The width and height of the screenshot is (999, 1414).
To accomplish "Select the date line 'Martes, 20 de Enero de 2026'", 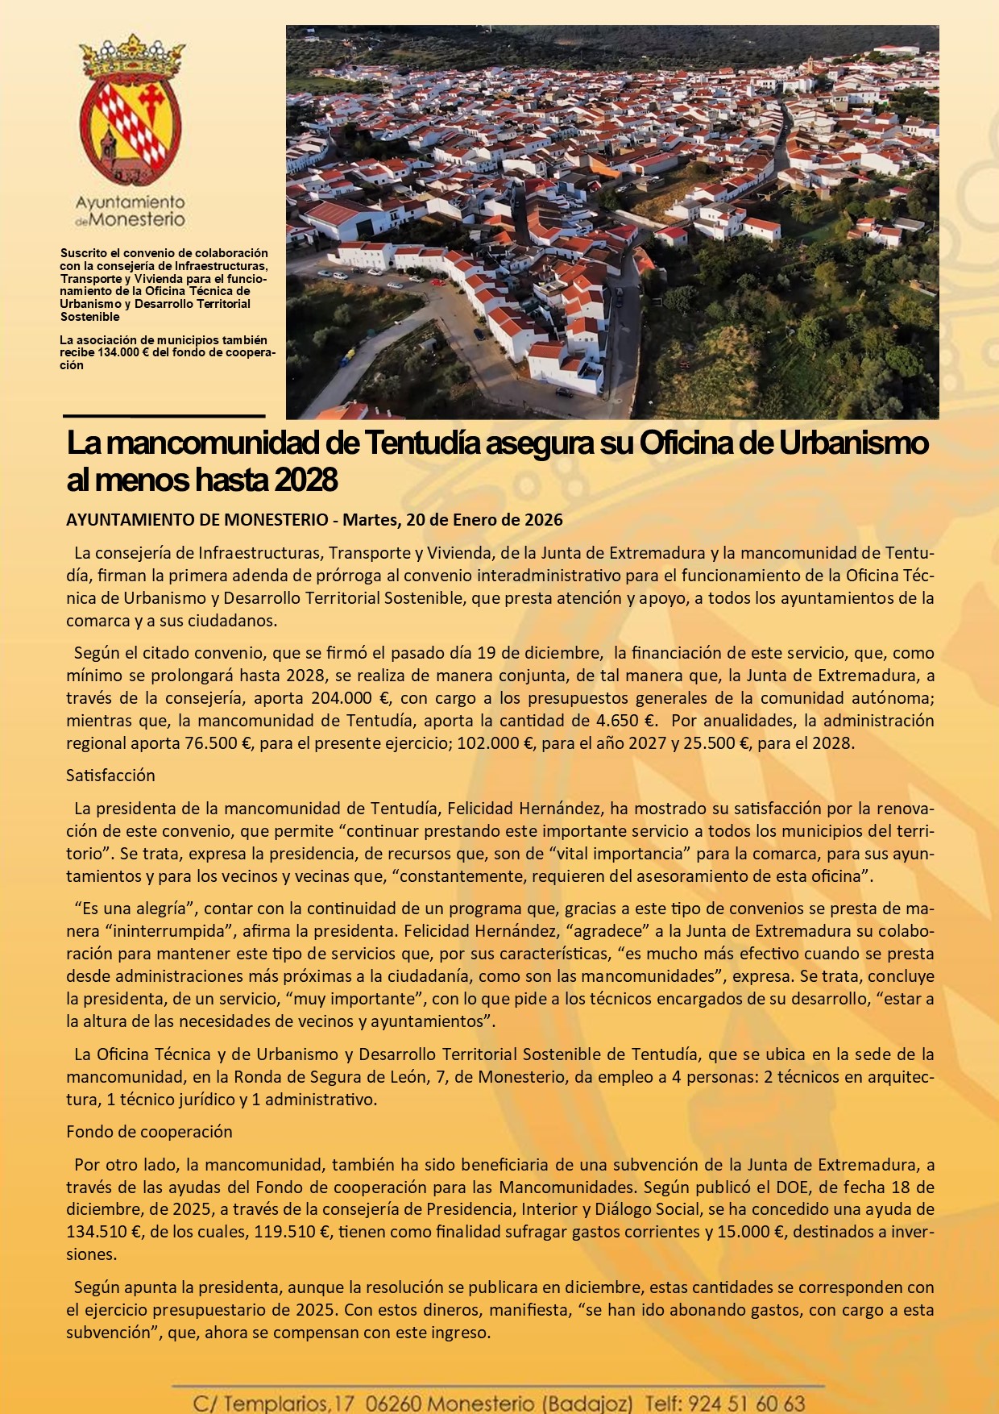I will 452,520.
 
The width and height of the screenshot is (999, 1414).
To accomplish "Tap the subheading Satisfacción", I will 110,776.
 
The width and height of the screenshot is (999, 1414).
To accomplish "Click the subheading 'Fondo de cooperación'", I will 149,1132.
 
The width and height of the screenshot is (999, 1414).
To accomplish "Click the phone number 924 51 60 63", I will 747,1404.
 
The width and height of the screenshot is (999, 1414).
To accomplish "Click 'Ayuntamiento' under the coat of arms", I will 130,202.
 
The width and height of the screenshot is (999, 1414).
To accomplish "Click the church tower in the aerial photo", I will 808,63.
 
